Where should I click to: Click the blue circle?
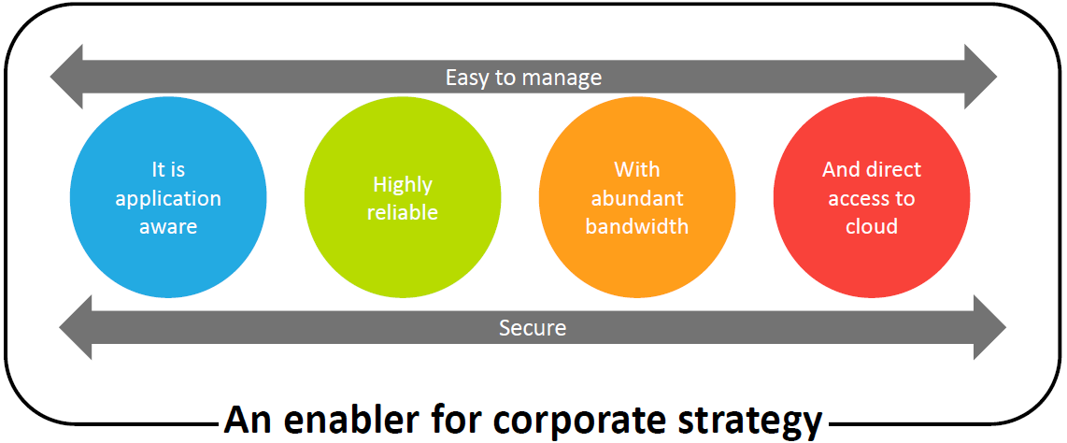168,198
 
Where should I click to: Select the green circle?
402,198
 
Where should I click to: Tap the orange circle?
637,198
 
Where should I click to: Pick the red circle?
872,198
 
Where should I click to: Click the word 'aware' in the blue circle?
168,226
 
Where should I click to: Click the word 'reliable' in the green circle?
402,211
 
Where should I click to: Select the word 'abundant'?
637,198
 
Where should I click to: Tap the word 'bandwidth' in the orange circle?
637,226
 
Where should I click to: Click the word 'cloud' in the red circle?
872,226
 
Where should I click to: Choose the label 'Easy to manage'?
523,78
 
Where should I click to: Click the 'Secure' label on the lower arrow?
533,328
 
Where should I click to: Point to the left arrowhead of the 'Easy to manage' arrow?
66,77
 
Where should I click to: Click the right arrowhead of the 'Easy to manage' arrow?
981,77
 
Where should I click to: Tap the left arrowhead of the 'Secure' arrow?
76,328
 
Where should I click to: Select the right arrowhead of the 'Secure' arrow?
990,328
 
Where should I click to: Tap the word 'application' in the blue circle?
168,200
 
